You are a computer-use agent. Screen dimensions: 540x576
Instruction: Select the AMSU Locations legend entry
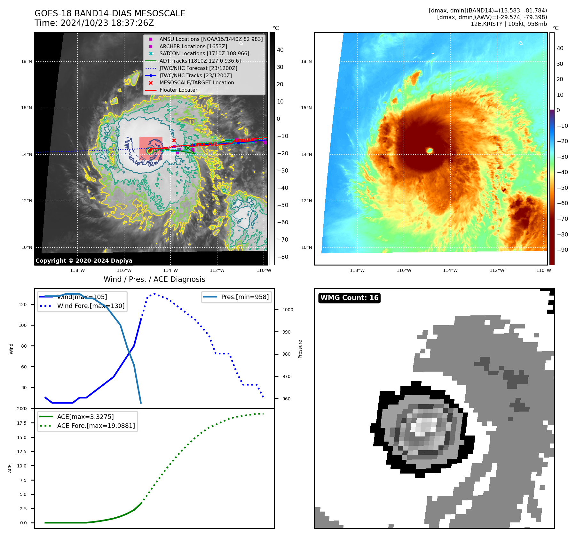tap(211, 39)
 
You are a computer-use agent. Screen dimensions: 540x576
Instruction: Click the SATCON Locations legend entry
tap(204, 53)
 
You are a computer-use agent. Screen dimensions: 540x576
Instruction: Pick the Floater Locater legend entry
tap(178, 90)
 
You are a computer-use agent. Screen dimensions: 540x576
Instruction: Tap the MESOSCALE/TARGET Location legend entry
tap(196, 82)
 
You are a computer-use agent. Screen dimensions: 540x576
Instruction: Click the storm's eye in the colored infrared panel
tap(430, 150)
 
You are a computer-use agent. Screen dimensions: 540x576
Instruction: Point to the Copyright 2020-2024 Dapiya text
tap(84, 260)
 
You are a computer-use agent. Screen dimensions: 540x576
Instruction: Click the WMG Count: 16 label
tap(349, 298)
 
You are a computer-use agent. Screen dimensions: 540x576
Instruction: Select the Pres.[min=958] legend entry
tap(245, 297)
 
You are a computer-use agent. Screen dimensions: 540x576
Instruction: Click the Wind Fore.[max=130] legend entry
tap(91, 306)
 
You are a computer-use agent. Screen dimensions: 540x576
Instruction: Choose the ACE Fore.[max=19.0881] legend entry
tap(96, 426)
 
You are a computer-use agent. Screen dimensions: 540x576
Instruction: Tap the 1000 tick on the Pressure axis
tap(288, 310)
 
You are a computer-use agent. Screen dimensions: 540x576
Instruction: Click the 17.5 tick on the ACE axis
tap(22, 423)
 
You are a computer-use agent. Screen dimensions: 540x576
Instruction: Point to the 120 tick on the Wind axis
tap(23, 305)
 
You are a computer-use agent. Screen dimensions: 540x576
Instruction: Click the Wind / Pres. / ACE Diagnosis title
tap(154, 279)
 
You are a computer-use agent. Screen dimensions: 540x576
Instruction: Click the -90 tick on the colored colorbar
tap(562, 250)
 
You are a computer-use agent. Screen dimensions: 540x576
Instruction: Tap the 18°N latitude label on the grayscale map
tap(27, 61)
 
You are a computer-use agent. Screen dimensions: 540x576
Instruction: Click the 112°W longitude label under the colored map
tap(497, 270)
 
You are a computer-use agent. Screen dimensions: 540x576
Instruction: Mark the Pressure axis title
tap(300, 349)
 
